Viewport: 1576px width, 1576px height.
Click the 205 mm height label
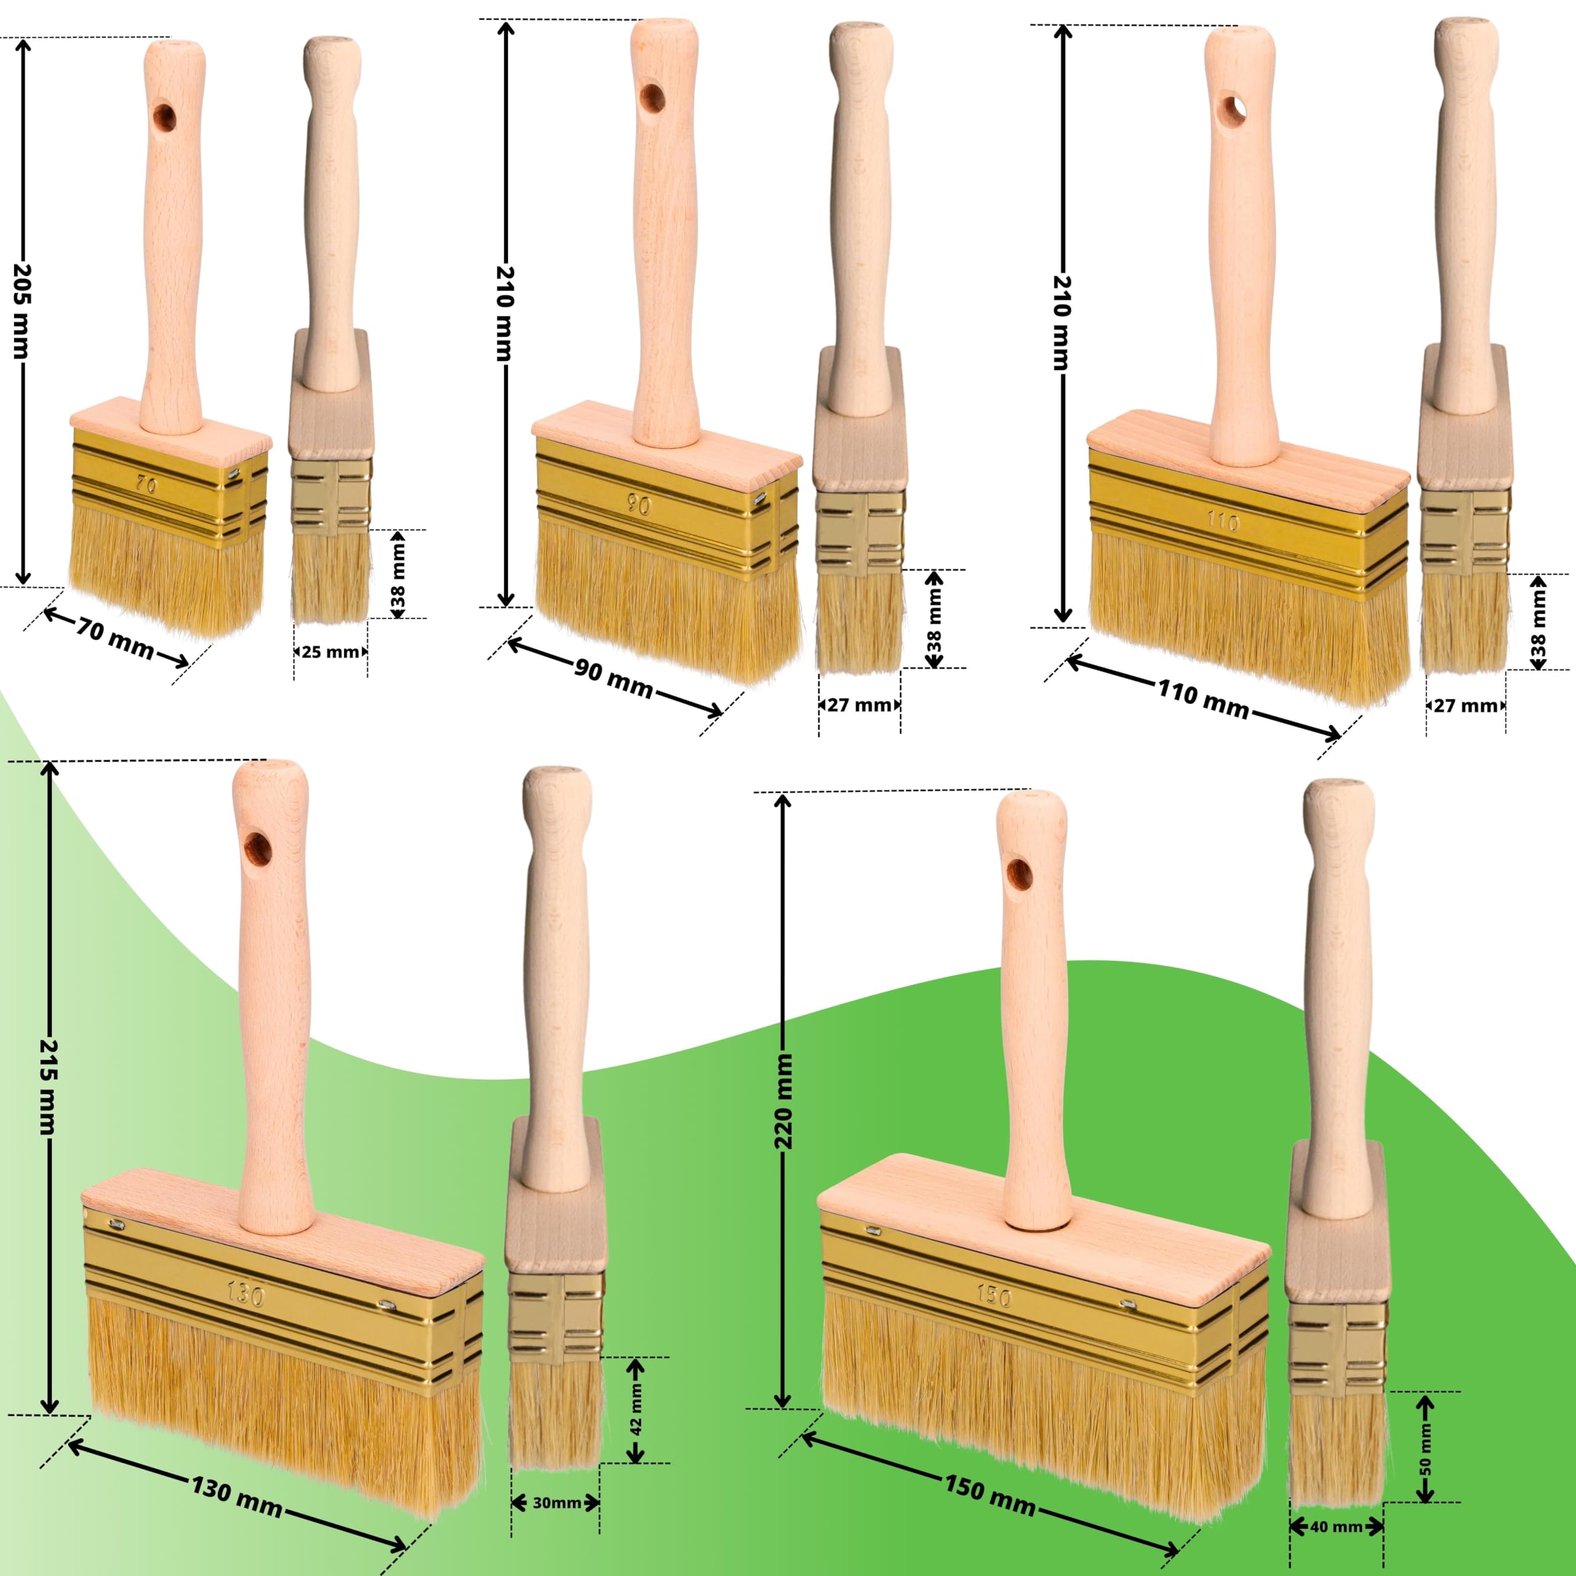click(22, 311)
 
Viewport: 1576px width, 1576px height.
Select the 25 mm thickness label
click(331, 652)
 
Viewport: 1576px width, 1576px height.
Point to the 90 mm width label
click(613, 678)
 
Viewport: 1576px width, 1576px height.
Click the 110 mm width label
click(1203, 698)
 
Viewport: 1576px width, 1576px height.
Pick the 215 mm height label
click(48, 1087)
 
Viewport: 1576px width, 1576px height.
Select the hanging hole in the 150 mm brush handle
click(1019, 874)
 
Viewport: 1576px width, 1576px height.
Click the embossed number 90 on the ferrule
click(640, 506)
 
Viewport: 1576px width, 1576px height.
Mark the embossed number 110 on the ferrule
click(1223, 521)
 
